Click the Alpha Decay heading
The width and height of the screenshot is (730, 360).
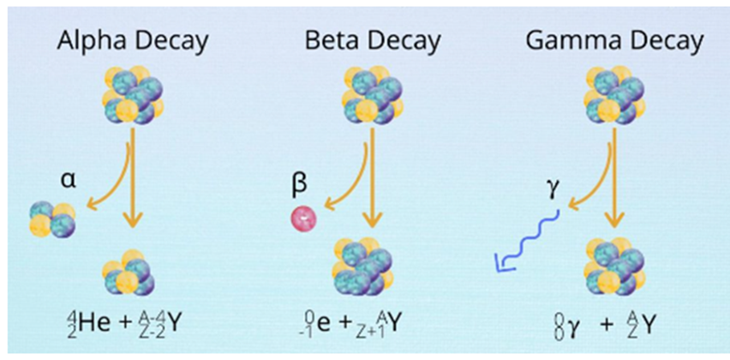point(134,40)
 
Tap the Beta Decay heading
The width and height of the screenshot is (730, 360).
point(373,40)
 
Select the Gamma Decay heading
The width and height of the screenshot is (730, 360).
point(616,40)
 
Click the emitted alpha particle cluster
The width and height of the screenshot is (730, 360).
point(52,219)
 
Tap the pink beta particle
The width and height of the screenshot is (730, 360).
point(302,219)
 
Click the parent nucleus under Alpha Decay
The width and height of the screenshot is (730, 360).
point(133,93)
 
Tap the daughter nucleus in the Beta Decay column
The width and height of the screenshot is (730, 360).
point(371,267)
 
